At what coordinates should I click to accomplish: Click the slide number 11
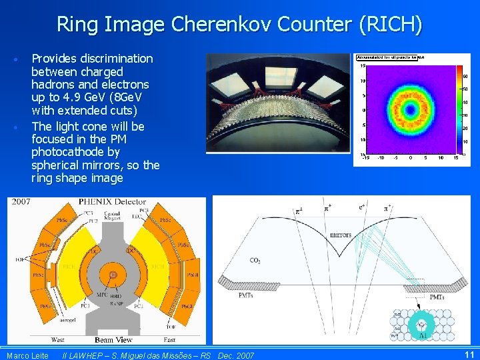tap(469, 355)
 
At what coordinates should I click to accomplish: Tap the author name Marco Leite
tap(27, 355)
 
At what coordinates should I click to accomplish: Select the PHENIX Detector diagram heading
tap(112, 201)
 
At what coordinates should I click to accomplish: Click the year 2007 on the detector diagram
tap(20, 201)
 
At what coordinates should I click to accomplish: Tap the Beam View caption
tap(114, 340)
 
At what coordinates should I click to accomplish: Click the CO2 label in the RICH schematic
tap(255, 261)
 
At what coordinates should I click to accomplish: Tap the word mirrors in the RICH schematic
tap(340, 235)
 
